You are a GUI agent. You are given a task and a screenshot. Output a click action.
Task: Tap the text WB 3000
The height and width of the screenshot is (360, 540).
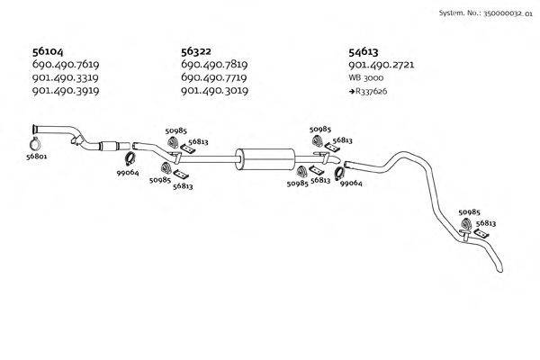click(x=365, y=78)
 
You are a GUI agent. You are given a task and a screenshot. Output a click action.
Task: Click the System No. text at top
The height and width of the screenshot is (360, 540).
click(x=485, y=14)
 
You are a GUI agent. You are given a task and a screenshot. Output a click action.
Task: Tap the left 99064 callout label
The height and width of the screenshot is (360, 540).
click(x=127, y=173)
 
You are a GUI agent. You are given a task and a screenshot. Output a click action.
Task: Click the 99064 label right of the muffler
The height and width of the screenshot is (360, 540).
click(x=350, y=183)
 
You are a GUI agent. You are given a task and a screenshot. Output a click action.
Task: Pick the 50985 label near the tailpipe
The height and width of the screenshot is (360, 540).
click(x=469, y=212)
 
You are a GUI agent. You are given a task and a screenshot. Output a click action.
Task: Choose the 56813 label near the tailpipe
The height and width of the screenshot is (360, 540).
click(x=486, y=221)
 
